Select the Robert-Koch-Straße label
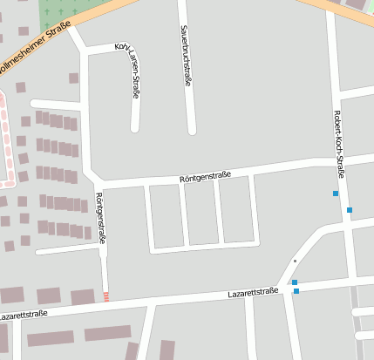[x=340, y=144]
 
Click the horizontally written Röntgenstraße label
[x=205, y=177]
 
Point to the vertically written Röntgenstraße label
[x=100, y=217]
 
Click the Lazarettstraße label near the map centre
[x=253, y=293]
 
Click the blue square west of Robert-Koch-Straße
[x=336, y=194]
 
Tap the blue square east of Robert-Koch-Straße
[x=350, y=210]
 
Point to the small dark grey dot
[x=295, y=262]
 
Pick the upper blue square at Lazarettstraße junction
[x=295, y=282]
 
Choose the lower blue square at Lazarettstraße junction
[x=296, y=291]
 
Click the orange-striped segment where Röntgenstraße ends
[x=107, y=296]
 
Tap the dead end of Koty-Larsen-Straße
[x=135, y=128]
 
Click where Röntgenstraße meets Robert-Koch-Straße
[x=336, y=160]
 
